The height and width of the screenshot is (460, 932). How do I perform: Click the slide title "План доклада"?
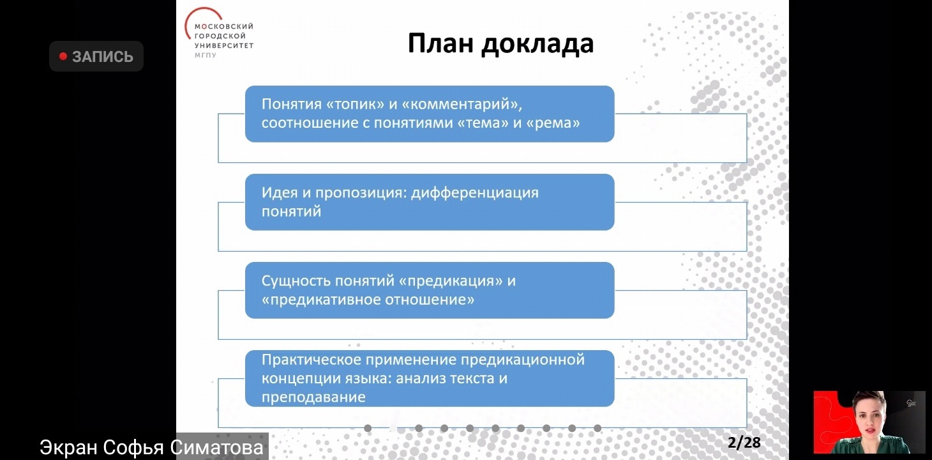500,44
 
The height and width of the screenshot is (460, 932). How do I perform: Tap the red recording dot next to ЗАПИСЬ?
63,56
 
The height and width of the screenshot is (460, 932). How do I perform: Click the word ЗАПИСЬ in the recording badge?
102,57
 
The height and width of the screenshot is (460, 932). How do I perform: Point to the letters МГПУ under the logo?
206,56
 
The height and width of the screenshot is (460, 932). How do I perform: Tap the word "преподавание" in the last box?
313,397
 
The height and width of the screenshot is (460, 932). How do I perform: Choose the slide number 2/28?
744,442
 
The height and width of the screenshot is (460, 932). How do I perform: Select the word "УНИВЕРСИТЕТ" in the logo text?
223,46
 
